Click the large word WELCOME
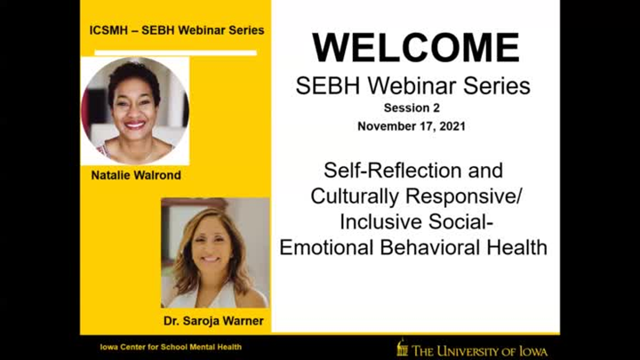point(416,48)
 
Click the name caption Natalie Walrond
point(136,175)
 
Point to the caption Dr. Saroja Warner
point(214,321)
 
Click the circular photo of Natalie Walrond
point(135,110)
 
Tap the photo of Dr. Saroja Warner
point(214,253)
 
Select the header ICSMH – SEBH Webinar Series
point(176,30)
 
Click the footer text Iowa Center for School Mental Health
point(170,347)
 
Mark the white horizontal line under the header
point(175,52)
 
